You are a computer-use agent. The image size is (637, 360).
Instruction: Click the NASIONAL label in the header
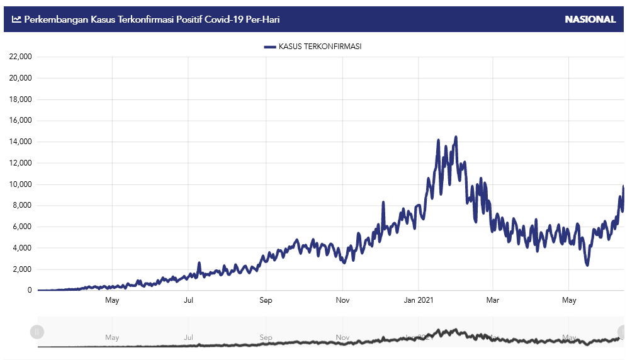point(590,20)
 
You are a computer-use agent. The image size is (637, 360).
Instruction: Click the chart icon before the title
point(16,20)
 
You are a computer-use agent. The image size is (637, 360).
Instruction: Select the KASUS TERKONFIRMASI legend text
point(320,47)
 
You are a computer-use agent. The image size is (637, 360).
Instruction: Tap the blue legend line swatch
point(270,47)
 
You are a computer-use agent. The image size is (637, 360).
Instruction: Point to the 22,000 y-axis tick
point(21,57)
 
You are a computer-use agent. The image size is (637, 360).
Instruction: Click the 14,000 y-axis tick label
point(21,142)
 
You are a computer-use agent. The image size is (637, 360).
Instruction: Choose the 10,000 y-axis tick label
point(21,184)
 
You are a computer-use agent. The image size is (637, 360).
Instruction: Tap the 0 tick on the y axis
point(29,290)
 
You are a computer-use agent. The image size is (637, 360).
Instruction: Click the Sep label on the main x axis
point(266,300)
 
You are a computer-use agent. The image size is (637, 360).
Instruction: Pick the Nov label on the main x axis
point(342,300)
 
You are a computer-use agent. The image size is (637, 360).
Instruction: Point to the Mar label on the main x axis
point(493,300)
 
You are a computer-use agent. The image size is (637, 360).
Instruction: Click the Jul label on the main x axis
point(188,300)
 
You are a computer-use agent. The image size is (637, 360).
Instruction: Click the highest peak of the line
point(456,137)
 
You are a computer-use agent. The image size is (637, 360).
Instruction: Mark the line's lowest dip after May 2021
point(587,265)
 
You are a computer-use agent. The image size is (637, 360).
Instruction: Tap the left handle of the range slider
point(37,332)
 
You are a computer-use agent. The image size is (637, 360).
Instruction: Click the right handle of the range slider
point(623,332)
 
